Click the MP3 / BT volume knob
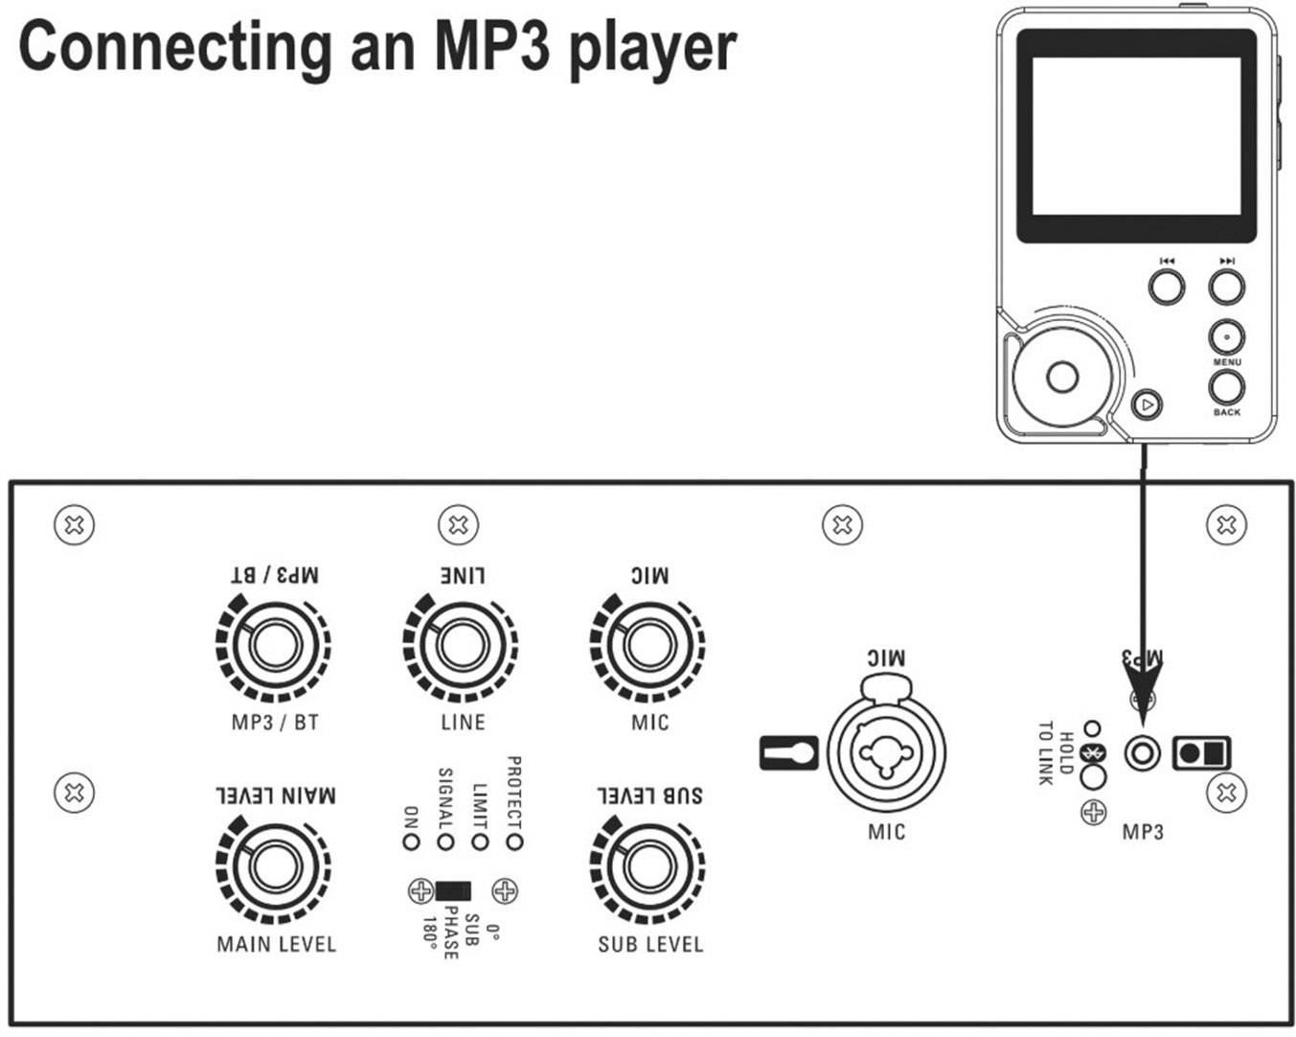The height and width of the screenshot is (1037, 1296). (274, 646)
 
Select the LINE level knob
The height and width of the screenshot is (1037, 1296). (461, 646)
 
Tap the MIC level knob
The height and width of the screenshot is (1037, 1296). (648, 646)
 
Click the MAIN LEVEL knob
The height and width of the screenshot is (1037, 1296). (275, 868)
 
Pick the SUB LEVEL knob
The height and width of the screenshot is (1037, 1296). (648, 868)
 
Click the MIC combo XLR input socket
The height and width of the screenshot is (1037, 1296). (886, 749)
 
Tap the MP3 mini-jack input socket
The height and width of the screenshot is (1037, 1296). (1141, 752)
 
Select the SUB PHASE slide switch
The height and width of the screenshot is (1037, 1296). (452, 891)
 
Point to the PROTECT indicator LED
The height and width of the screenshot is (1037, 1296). (515, 841)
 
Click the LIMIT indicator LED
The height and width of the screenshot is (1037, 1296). (480, 841)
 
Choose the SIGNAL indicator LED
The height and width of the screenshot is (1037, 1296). (445, 841)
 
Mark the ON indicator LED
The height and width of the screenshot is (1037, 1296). (411, 841)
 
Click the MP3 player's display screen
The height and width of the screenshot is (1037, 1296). (1135, 135)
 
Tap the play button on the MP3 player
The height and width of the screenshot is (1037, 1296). (1147, 404)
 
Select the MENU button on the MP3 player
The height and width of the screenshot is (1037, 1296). (1226, 337)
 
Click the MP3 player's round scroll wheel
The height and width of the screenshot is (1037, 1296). (1062, 377)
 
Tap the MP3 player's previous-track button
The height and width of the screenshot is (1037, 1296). (1166, 286)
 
